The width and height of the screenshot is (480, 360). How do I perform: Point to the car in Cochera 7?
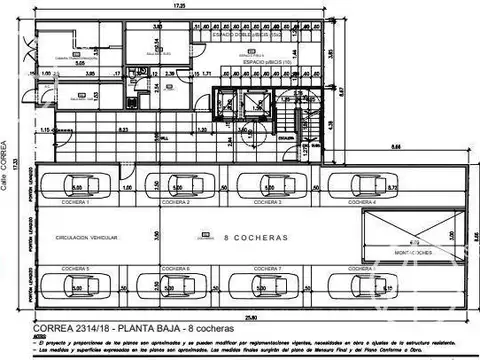coord(267,285)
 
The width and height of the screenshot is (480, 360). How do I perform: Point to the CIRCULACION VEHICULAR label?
coord(89,237)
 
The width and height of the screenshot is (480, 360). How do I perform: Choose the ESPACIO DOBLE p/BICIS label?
coord(247,34)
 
